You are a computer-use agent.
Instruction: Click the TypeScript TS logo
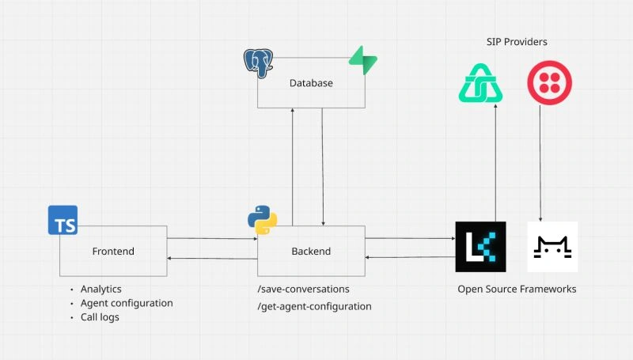point(63,220)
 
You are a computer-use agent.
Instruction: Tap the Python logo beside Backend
point(262,220)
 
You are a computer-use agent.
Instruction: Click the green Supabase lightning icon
point(363,61)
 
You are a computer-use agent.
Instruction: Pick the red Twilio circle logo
point(549,83)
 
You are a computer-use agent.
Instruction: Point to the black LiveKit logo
point(480,247)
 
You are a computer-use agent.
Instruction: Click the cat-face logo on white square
point(552,247)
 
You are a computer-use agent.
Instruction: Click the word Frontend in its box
point(113,252)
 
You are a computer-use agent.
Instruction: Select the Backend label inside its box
point(311,252)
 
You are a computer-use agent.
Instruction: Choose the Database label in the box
point(311,83)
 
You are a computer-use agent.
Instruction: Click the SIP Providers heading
point(517,41)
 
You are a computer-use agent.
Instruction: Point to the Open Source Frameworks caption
point(517,290)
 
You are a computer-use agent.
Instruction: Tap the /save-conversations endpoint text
point(304,290)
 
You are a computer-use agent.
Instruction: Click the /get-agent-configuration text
point(315,306)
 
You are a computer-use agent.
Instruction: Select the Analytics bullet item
point(101,290)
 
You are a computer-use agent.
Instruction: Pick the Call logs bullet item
point(100,317)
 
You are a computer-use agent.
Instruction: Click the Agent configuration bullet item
point(127,303)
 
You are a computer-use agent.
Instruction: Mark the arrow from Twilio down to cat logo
point(540,166)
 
